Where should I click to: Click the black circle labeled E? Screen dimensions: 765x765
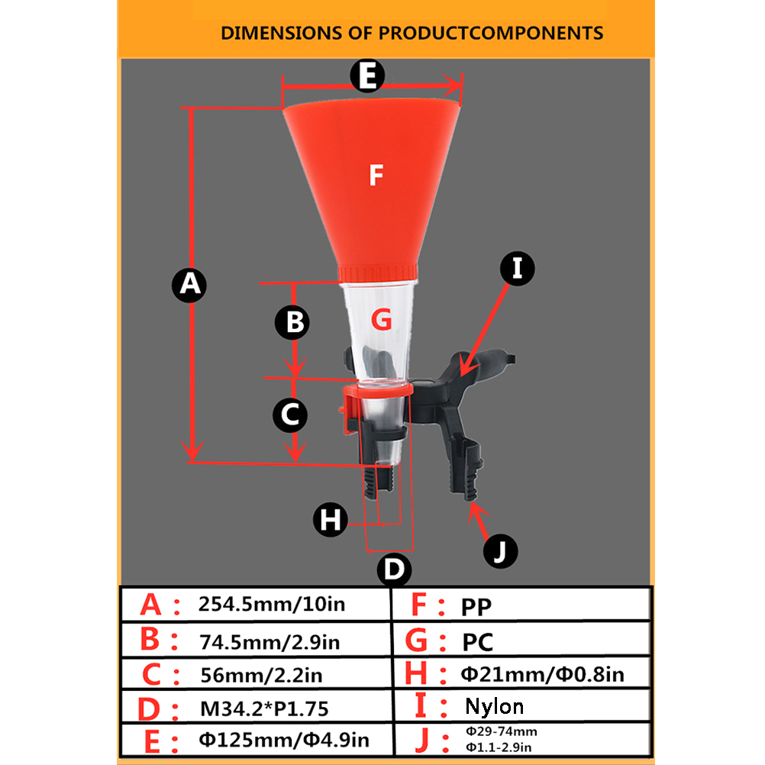point(367,76)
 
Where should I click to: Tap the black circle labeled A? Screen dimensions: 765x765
point(189,285)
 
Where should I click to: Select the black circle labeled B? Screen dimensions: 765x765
point(292,322)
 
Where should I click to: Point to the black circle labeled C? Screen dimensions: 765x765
point(290,415)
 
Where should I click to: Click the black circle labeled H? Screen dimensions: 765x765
point(331,520)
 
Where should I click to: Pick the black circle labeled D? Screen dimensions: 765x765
point(394,569)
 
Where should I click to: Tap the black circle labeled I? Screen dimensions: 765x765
point(517,268)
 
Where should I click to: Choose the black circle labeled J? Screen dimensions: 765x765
point(500,551)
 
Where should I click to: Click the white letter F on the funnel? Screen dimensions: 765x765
point(376,175)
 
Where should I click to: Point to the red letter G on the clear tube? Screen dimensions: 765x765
point(382,320)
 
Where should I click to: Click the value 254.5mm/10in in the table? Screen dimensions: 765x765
point(272,604)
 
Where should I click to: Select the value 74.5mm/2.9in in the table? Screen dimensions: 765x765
point(270,642)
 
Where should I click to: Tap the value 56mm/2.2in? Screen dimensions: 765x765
point(262,675)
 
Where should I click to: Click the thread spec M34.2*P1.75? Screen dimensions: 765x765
point(264,709)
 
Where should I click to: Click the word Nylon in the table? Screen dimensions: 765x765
point(494,706)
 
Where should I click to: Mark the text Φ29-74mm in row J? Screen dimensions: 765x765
point(502,731)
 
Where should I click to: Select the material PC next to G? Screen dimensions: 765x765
point(478,642)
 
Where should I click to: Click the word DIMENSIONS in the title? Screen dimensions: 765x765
point(282,33)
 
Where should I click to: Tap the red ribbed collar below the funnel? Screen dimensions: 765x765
point(378,273)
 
